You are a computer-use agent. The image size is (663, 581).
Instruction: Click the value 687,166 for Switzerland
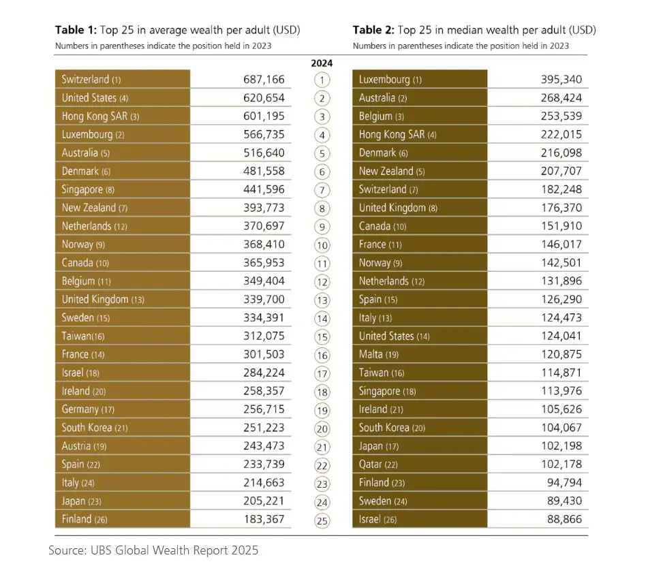point(264,80)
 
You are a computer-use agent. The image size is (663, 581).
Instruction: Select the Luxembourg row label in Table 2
point(390,80)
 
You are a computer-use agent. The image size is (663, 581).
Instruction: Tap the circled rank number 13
point(322,300)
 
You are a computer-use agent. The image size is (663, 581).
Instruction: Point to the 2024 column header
point(322,63)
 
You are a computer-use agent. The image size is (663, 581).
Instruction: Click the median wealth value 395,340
point(561,80)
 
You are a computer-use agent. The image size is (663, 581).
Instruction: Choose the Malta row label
point(379,354)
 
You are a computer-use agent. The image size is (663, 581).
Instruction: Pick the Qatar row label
point(378,464)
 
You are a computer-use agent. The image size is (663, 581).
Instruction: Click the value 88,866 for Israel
point(564,519)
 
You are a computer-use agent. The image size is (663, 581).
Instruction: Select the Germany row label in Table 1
point(88,409)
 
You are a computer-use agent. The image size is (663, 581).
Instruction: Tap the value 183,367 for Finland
point(264,519)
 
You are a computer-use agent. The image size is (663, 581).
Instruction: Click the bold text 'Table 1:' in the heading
point(76,30)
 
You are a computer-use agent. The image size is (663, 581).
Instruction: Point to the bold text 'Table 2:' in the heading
point(374,30)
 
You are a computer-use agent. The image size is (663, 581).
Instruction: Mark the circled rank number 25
point(322,520)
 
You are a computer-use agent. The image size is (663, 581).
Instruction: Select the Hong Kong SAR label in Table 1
point(100,116)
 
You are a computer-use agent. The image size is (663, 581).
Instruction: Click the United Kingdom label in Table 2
point(399,208)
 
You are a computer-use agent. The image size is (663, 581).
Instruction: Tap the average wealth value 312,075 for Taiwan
point(264,336)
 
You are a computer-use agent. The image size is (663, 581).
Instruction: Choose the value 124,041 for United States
point(561,336)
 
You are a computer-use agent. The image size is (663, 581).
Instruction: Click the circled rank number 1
point(322,80)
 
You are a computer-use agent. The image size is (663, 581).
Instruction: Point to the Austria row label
point(84,445)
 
